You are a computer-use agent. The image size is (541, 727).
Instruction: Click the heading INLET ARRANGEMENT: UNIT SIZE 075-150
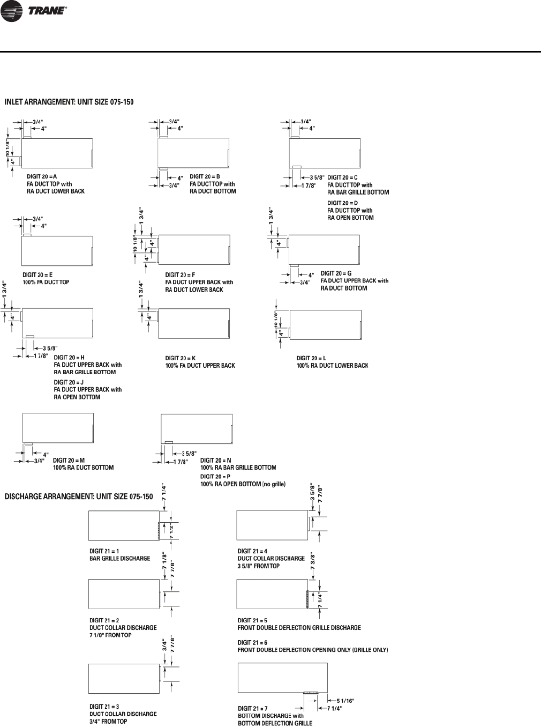[69, 101]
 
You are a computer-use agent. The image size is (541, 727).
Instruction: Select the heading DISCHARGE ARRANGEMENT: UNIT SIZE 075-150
[79, 496]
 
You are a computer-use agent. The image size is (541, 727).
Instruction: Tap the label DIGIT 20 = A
[42, 176]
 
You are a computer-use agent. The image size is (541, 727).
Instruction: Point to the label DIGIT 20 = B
[205, 176]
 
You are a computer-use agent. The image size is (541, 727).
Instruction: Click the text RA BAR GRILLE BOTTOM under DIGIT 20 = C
[358, 192]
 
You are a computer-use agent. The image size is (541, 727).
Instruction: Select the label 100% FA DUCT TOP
[46, 282]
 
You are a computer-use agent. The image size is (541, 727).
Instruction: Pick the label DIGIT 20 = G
[336, 273]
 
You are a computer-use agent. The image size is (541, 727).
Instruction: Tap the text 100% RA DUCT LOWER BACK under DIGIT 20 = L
[332, 366]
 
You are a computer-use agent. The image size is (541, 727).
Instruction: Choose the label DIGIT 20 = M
[69, 460]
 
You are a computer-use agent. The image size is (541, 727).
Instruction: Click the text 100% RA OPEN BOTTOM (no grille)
[243, 484]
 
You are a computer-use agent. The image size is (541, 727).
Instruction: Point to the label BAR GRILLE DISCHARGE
[119, 558]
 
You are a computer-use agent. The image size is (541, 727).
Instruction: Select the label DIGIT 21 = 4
[252, 551]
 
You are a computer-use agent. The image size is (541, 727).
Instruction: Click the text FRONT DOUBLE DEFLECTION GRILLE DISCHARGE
[299, 628]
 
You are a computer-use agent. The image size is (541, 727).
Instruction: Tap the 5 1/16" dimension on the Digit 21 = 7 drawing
[345, 700]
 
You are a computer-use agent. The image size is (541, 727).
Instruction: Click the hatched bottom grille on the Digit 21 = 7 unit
[311, 693]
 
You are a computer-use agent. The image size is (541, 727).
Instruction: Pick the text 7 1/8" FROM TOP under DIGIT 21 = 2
[110, 635]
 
